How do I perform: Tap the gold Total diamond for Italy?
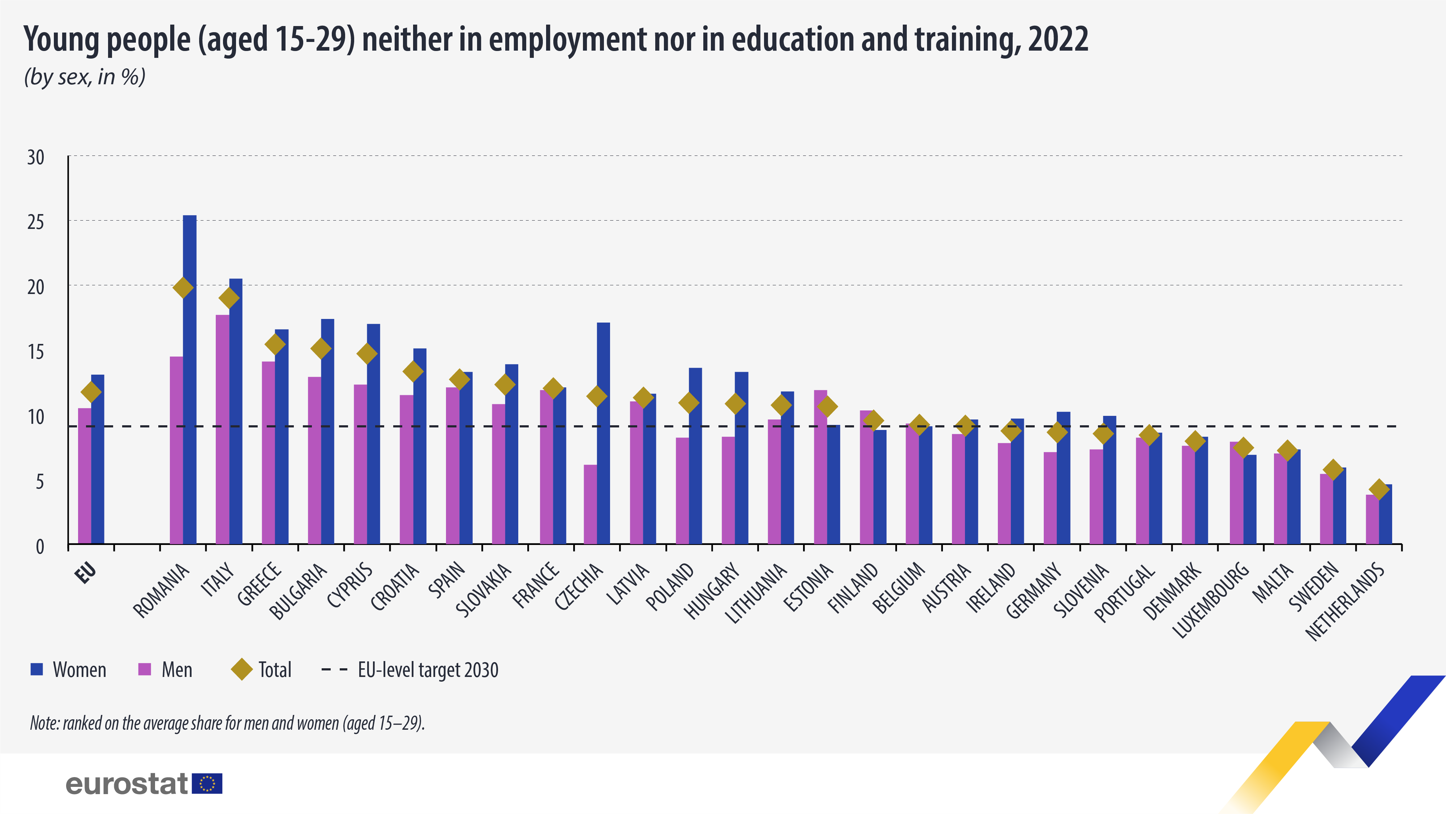(x=229, y=298)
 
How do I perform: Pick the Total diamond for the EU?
(x=91, y=392)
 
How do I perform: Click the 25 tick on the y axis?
(x=35, y=222)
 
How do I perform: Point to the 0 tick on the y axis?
(x=39, y=546)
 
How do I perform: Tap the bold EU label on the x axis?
(x=86, y=573)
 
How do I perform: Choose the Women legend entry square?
(x=37, y=669)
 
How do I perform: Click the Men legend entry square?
(x=145, y=669)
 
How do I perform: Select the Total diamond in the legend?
(x=242, y=669)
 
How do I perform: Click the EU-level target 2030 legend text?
(x=428, y=670)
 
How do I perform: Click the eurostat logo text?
(x=126, y=784)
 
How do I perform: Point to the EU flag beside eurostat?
(x=207, y=784)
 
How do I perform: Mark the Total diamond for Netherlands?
(x=1379, y=489)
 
